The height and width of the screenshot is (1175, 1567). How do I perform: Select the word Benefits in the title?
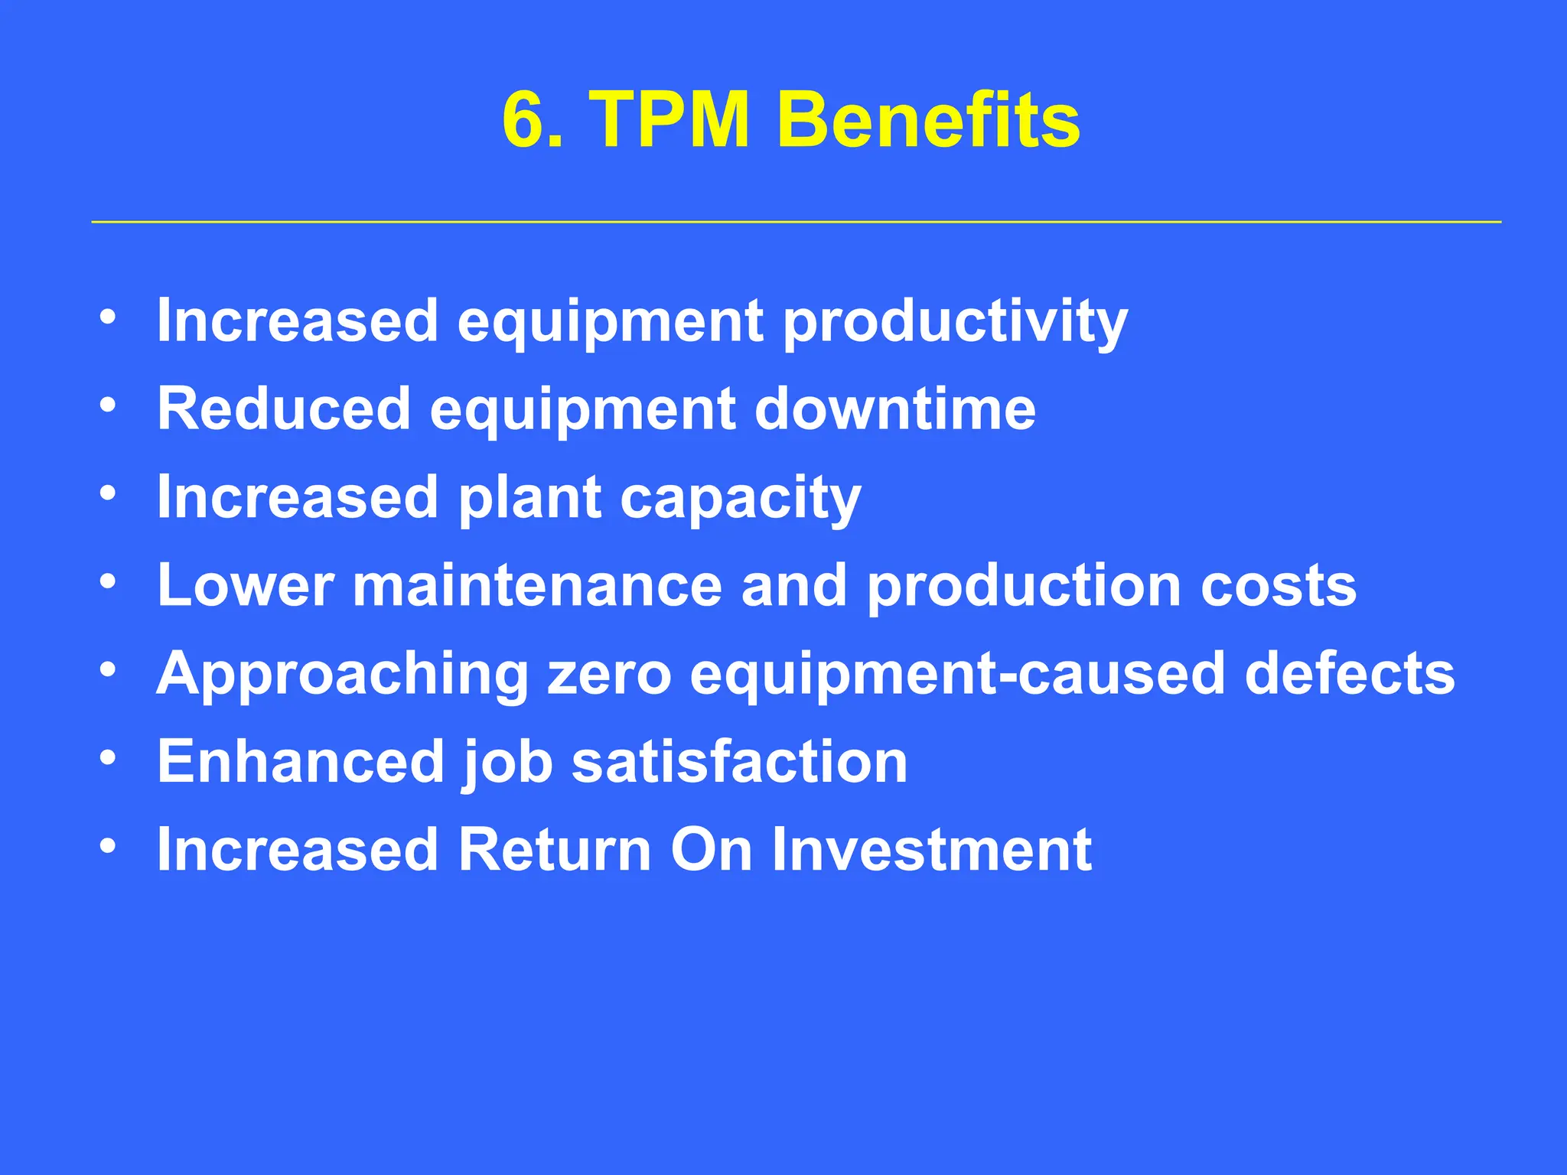927,121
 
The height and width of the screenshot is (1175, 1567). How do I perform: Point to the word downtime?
894,410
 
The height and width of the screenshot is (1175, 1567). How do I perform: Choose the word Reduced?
284,410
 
